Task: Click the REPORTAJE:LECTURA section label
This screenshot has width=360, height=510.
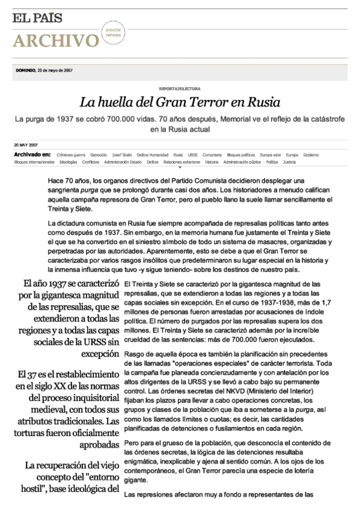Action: [x=180, y=88]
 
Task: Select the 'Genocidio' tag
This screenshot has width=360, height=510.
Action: [x=99, y=155]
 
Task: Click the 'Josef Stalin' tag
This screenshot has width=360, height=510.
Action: [x=123, y=155]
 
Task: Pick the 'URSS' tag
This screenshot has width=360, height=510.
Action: [x=192, y=155]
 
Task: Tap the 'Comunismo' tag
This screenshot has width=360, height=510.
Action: [x=212, y=155]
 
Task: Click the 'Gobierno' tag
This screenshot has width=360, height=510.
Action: [x=311, y=155]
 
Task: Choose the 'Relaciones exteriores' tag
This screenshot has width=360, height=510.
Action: [x=182, y=162]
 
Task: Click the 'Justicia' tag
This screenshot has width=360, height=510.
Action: [x=289, y=162]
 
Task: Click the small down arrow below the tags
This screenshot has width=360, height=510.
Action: [x=180, y=167]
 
